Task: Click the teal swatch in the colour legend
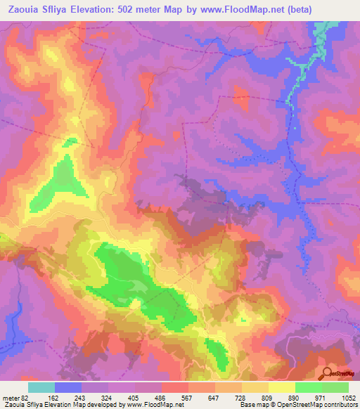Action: [41, 387]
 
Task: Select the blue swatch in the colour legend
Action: [68, 387]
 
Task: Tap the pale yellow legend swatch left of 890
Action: [281, 387]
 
